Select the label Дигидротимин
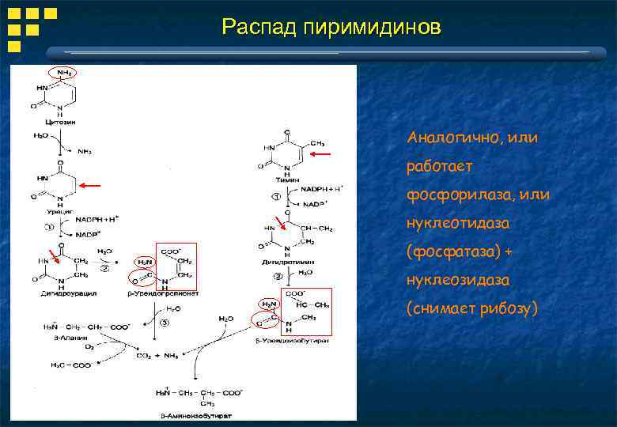[282, 261]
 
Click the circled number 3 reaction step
[164, 323]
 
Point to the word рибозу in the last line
[505, 308]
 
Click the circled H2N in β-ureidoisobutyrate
[269, 304]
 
